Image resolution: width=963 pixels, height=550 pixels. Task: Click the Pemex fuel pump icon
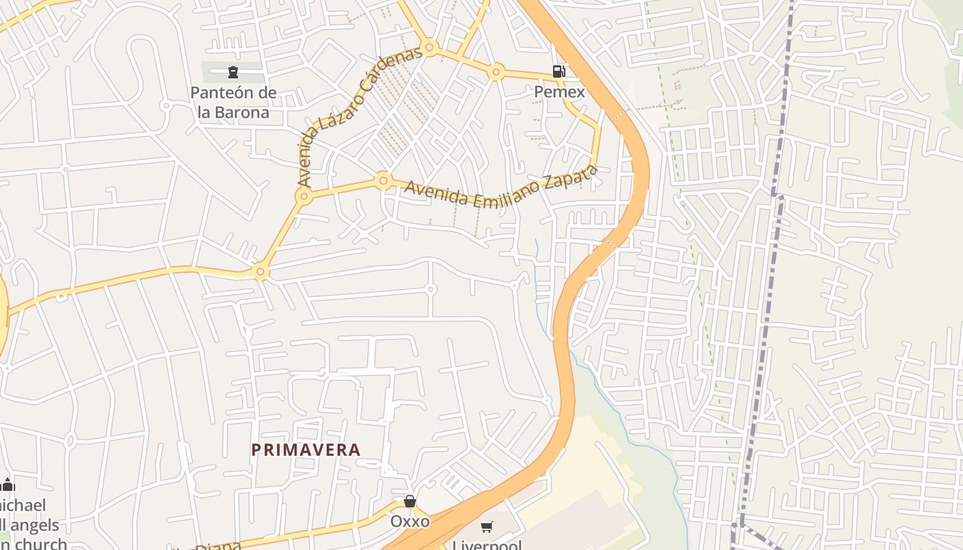pyautogui.click(x=559, y=71)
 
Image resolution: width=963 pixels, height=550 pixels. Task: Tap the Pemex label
pyautogui.click(x=559, y=92)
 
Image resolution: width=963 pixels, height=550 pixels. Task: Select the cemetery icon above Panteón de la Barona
pyautogui.click(x=233, y=71)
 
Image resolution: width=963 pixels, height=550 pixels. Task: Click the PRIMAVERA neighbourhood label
pyautogui.click(x=305, y=450)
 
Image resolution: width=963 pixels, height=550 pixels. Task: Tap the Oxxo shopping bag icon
pyautogui.click(x=410, y=501)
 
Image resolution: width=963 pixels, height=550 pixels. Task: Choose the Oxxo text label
pyautogui.click(x=410, y=521)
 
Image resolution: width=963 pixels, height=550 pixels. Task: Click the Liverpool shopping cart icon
pyautogui.click(x=487, y=527)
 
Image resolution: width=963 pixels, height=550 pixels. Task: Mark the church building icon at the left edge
pyautogui.click(x=8, y=485)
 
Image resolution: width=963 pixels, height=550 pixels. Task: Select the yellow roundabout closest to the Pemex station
pyautogui.click(x=496, y=71)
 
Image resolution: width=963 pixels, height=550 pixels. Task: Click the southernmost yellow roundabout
pyautogui.click(x=260, y=272)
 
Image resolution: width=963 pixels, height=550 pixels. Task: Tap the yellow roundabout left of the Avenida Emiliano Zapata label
pyautogui.click(x=383, y=181)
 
